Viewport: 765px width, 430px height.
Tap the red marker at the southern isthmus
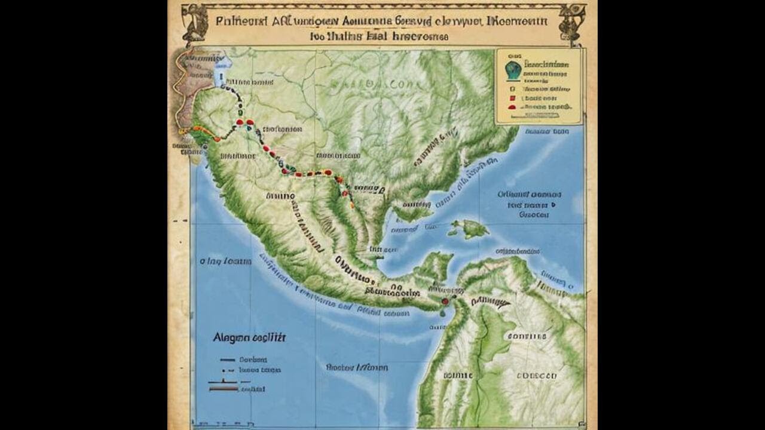(x=444, y=302)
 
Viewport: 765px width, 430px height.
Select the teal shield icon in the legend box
(x=512, y=69)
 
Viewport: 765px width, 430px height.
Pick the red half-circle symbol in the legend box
(x=512, y=106)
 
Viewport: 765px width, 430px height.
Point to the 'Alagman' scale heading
(x=249, y=337)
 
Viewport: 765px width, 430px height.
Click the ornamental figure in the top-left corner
(x=195, y=24)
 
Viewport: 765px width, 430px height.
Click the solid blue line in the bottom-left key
(x=227, y=360)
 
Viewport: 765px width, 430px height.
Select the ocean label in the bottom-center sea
(x=357, y=367)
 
